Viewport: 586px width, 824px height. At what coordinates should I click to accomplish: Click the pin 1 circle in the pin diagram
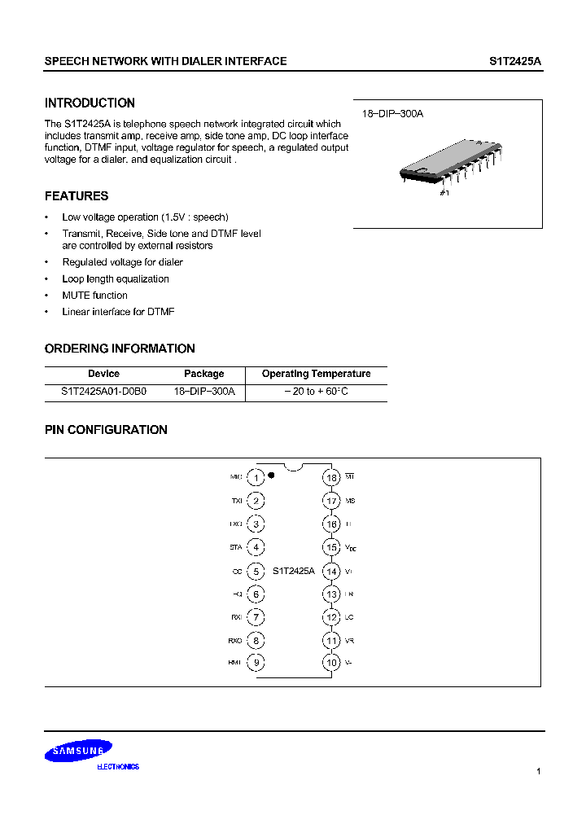tap(256, 478)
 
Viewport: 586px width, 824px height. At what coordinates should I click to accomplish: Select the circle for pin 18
tap(331, 478)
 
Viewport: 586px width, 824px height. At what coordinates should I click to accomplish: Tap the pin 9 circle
tap(256, 663)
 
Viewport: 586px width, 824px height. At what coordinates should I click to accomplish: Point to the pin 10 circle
tap(331, 663)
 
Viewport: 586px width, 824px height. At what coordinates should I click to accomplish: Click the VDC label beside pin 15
tap(351, 548)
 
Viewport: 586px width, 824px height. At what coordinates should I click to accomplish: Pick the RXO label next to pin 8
tap(235, 641)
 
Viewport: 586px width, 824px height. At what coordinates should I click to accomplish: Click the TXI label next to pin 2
tap(236, 502)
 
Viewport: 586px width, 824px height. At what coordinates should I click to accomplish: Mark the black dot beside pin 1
tap(271, 474)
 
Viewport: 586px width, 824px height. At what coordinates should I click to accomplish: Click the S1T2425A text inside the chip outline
tap(293, 572)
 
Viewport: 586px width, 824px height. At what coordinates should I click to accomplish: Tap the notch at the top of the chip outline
tap(294, 467)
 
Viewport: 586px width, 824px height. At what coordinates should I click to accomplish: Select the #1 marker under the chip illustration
tap(444, 193)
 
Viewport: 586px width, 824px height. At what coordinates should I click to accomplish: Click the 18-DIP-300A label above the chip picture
tap(392, 114)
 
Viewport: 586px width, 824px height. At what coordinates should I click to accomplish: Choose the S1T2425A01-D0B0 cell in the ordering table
tap(103, 392)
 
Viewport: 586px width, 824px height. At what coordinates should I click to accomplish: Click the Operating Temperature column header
tap(316, 374)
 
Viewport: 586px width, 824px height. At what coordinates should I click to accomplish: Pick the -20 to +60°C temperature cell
tap(316, 392)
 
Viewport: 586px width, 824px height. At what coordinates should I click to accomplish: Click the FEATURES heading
tap(77, 196)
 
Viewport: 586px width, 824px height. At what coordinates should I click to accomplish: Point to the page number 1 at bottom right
tap(539, 770)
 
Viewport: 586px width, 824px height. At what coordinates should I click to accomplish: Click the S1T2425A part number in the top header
tap(515, 61)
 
